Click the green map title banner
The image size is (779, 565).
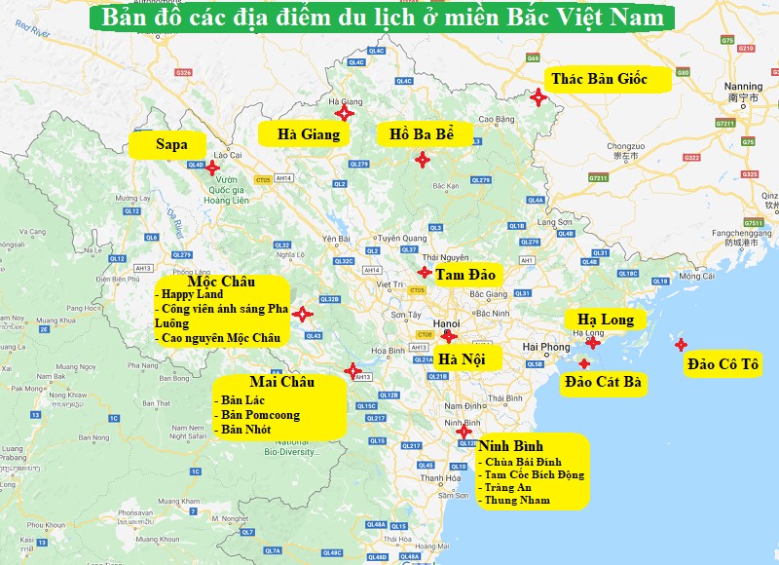coord(388,18)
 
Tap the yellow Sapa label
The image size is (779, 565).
coord(171,145)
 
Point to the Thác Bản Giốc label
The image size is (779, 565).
coord(607,79)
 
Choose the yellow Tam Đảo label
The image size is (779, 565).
coord(465,275)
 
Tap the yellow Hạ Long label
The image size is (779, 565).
coord(605,320)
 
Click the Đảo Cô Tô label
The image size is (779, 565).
coord(723,364)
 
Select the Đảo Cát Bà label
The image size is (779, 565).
coord(603,382)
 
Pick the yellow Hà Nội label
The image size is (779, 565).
coord(467,358)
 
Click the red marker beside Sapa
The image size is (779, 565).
coord(213,168)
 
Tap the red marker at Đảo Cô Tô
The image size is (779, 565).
coord(681,345)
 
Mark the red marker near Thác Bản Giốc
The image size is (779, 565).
coord(538,95)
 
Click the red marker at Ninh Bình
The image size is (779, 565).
coord(464,431)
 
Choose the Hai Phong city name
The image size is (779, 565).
coord(546,348)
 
